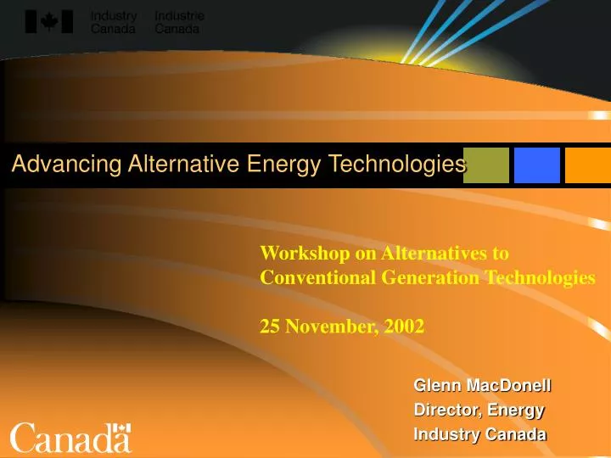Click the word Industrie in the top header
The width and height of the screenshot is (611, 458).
tap(178, 16)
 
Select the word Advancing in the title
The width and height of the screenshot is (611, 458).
tap(56, 165)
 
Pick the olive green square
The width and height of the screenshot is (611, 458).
tap(486, 165)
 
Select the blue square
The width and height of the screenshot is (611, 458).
tap(537, 165)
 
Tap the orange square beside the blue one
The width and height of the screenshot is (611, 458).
tap(588, 165)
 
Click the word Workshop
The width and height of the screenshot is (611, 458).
tap(296, 253)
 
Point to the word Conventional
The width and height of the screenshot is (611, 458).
tap(310, 276)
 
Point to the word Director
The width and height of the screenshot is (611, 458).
tap(443, 411)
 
